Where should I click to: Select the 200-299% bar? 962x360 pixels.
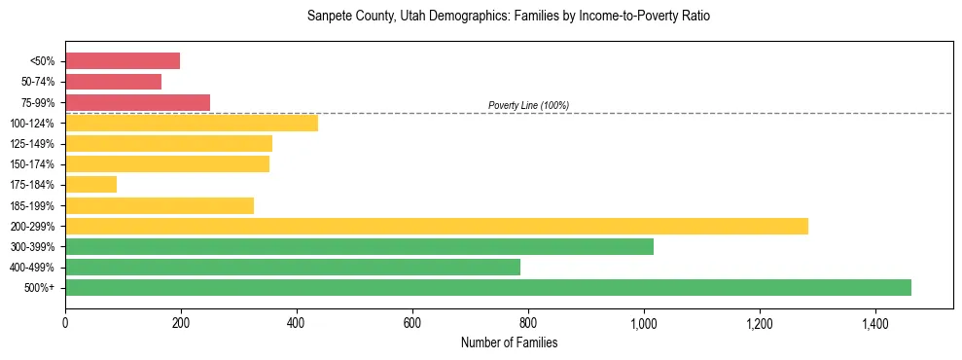tap(437, 226)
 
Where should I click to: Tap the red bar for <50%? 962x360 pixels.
tap(123, 61)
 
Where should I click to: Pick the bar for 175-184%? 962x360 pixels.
tap(91, 184)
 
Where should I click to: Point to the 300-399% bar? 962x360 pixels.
tap(359, 246)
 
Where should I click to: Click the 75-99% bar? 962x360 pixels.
tap(137, 102)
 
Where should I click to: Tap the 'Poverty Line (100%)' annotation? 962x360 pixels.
tap(528, 105)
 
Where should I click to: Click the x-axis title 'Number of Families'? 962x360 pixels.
tap(509, 342)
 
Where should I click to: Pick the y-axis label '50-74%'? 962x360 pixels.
tap(38, 82)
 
